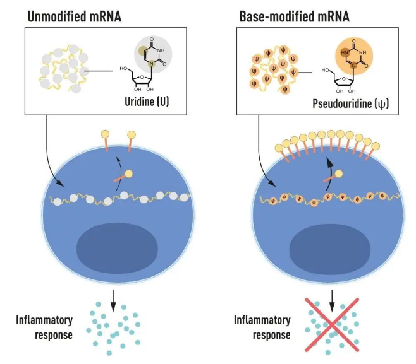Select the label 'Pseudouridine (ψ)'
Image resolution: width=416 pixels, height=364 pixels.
pyautogui.click(x=358, y=102)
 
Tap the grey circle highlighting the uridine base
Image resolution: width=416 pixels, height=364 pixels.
pyautogui.click(x=152, y=51)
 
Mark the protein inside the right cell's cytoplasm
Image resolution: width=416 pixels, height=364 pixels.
pyautogui.click(x=335, y=177)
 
